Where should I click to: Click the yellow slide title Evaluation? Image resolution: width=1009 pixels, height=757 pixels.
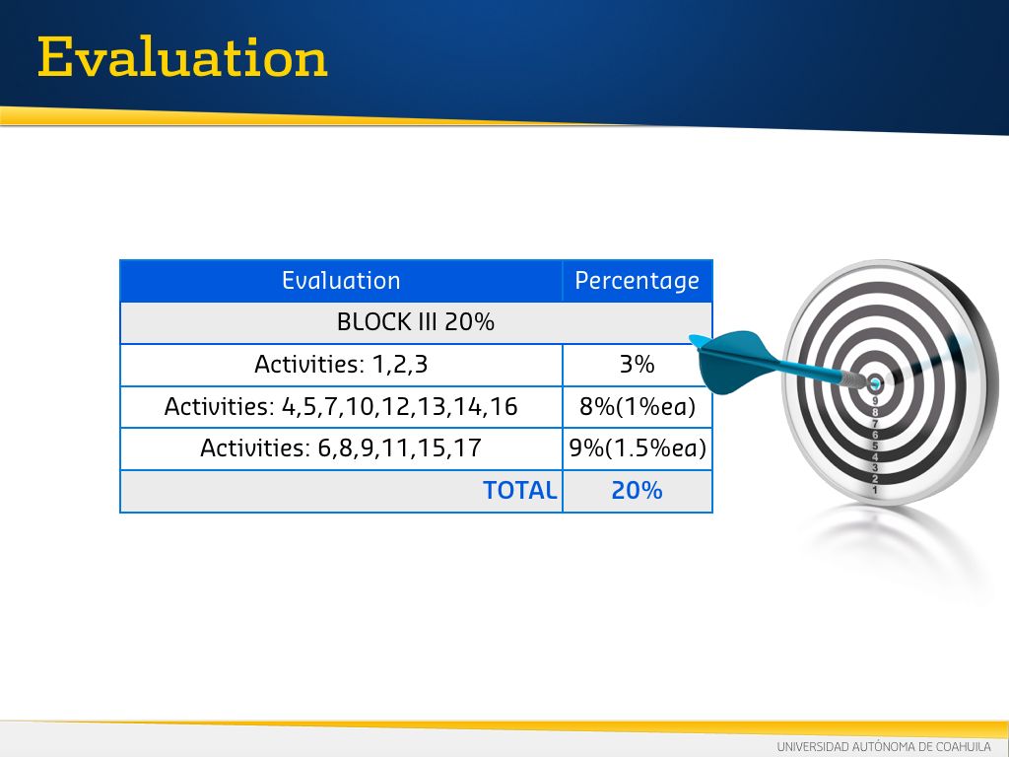(182, 57)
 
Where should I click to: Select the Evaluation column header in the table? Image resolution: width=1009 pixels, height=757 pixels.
(341, 281)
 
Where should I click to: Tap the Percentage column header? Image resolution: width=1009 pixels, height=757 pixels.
(638, 281)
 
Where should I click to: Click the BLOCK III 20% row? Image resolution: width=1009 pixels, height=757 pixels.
(416, 322)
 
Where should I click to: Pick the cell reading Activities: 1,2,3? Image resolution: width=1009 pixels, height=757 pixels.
(341, 365)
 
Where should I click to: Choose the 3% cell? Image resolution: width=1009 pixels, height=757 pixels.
(638, 365)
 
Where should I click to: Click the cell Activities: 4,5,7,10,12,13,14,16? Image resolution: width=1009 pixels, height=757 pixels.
(341, 407)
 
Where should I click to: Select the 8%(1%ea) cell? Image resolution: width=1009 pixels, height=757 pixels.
(638, 407)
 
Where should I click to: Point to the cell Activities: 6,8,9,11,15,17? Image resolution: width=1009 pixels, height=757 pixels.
(341, 448)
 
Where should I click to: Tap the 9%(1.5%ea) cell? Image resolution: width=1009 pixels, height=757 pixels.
(638, 448)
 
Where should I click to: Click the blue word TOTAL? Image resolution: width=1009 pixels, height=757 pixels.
(520, 491)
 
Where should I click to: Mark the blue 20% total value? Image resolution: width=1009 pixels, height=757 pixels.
(638, 491)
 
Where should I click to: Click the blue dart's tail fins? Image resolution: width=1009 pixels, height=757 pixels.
(732, 361)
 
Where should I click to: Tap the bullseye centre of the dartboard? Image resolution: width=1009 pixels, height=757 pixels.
(875, 384)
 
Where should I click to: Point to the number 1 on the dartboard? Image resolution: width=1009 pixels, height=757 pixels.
(875, 491)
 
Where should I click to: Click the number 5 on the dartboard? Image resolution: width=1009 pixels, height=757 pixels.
(875, 446)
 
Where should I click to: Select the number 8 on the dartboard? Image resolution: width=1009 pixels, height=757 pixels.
(875, 412)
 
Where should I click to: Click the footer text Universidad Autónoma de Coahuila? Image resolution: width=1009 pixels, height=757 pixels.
(884, 747)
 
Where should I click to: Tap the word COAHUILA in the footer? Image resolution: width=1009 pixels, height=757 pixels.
(964, 747)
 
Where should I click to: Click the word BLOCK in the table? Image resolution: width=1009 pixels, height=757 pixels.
(373, 322)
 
